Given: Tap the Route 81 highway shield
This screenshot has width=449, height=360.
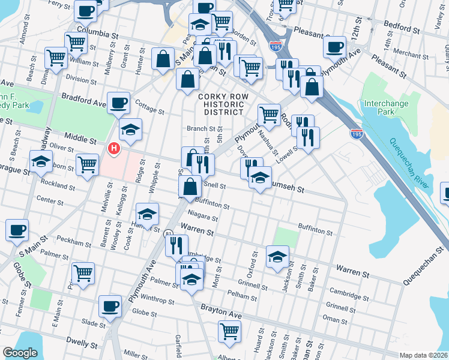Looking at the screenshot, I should coord(169,232).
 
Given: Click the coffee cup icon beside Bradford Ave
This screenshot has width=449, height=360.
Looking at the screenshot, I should coord(119,102).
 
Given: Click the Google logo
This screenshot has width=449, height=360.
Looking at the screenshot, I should coord(20,353).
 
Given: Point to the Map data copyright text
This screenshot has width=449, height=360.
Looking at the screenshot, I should coord(423,355).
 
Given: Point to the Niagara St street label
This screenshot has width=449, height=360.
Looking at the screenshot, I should coord(202,217).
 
